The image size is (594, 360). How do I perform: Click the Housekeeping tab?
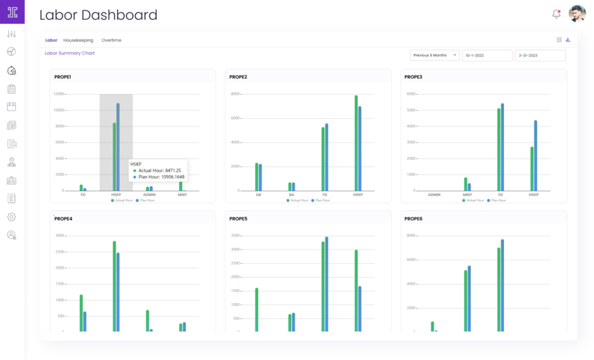[78, 41]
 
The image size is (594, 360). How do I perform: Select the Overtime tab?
[111, 41]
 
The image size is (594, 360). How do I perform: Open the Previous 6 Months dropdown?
[435, 55]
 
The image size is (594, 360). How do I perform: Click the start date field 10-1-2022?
[487, 55]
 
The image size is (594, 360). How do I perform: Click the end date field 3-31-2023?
[540, 55]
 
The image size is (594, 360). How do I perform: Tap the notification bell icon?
[556, 14]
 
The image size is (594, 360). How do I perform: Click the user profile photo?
[577, 14]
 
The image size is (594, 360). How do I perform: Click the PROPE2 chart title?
[238, 77]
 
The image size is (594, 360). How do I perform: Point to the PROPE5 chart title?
[238, 218]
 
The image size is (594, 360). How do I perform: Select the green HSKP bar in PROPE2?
[356, 143]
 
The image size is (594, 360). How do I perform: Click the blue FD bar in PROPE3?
[503, 147]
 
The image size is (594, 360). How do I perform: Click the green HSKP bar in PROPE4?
[114, 286]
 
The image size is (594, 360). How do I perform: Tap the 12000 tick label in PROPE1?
[59, 93]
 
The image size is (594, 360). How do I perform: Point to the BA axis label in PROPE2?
[292, 194]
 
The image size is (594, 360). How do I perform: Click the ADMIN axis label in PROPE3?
[434, 194]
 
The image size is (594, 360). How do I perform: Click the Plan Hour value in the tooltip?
[161, 177]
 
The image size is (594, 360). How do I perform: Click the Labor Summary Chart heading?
[69, 53]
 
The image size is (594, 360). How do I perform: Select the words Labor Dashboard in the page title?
[98, 15]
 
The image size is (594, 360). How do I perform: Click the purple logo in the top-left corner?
[12, 12]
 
